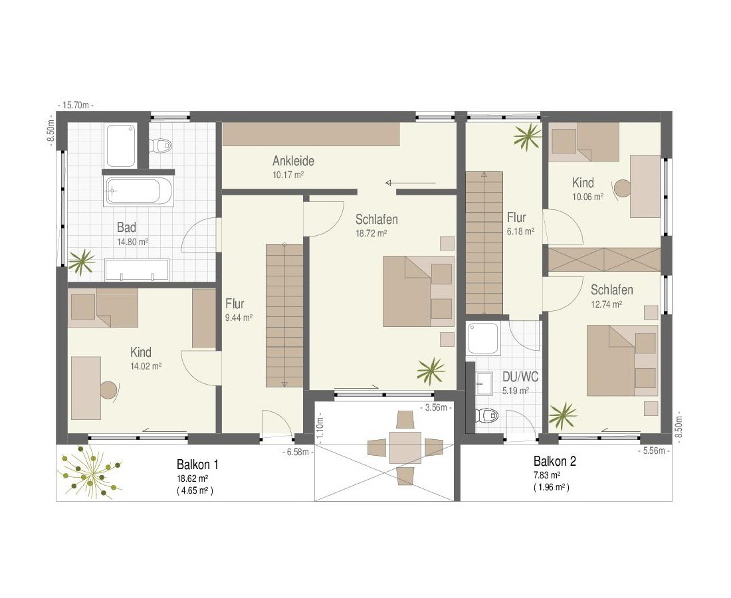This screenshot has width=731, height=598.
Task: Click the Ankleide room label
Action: point(293,161)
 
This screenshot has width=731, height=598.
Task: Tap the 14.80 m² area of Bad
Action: point(133,242)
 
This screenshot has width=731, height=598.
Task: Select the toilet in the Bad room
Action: point(161,145)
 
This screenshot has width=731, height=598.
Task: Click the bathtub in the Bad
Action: point(139,191)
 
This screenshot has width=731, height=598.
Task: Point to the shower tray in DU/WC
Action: point(484,339)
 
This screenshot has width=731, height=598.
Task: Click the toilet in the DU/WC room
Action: point(486,414)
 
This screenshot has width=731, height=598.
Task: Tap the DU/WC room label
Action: point(520,377)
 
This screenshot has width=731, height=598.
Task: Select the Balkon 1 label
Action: point(197,464)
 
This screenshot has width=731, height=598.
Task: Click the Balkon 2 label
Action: point(555,461)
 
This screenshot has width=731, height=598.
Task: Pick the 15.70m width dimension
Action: point(75,106)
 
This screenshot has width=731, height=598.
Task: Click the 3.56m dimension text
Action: point(436,408)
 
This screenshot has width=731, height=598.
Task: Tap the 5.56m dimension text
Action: point(654,450)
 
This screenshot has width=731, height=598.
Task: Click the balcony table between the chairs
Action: point(405,447)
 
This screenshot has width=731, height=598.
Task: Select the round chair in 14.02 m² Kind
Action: point(109,390)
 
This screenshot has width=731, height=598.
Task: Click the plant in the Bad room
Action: point(82,261)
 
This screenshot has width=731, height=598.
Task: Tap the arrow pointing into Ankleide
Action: point(411,183)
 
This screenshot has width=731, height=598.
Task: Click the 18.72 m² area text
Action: point(371,233)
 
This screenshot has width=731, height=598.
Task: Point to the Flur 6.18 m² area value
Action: point(520,231)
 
